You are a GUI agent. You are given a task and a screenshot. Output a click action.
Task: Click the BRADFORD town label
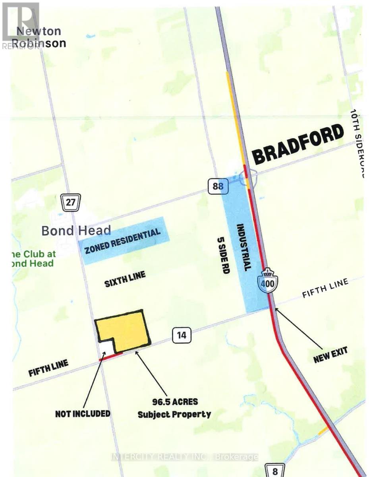298,144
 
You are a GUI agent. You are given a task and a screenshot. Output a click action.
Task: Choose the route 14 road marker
182,335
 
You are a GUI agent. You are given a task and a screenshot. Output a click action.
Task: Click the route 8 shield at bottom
275,471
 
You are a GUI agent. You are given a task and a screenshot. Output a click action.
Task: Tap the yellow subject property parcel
125,330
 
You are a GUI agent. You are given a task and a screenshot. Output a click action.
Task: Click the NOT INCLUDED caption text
83,413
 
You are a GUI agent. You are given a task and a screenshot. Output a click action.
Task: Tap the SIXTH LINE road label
125,279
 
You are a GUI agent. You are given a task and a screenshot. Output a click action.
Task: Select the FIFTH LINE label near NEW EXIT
325,288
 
